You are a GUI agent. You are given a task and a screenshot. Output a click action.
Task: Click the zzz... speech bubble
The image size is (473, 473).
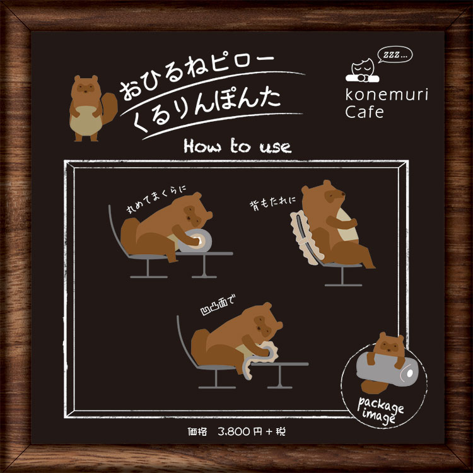pyautogui.click(x=395, y=55)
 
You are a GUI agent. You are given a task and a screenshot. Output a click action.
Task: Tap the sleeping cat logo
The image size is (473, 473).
pyautogui.click(x=363, y=71)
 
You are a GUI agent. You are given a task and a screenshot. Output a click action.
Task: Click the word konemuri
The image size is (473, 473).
pyautogui.click(x=387, y=95)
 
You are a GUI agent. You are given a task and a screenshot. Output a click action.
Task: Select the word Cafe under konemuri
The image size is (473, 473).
pyautogui.click(x=365, y=112)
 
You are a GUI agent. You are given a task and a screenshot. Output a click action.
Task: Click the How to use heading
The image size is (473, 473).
pyautogui.click(x=237, y=146)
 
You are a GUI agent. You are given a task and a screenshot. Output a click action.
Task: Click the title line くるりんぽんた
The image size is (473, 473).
pyautogui.click(x=207, y=110)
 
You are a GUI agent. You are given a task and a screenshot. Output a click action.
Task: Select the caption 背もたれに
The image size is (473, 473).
pyautogui.click(x=272, y=203)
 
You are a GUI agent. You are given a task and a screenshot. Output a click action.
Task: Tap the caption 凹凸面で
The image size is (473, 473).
pyautogui.click(x=218, y=306)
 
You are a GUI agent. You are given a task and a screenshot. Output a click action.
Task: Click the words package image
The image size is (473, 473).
pyautogui.click(x=380, y=411)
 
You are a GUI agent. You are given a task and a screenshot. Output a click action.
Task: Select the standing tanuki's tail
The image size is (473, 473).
pyautogui.click(x=108, y=108)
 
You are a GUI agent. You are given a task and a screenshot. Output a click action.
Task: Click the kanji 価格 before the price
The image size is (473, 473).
pyautogui.click(x=197, y=432)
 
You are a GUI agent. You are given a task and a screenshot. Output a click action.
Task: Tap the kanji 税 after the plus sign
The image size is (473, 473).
pyautogui.click(x=281, y=432)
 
